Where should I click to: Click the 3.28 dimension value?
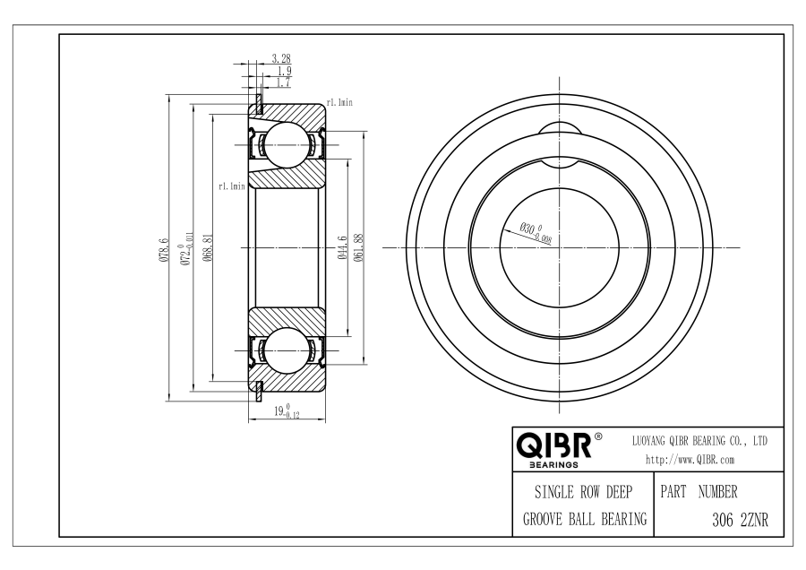coord(280,58)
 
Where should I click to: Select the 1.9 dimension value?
coord(284,71)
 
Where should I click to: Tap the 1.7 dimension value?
coord(284,82)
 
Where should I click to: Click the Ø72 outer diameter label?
coord(185,248)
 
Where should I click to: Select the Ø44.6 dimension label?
coord(343,247)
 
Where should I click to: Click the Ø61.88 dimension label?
coord(359,247)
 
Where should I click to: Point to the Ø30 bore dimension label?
coord(536,232)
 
